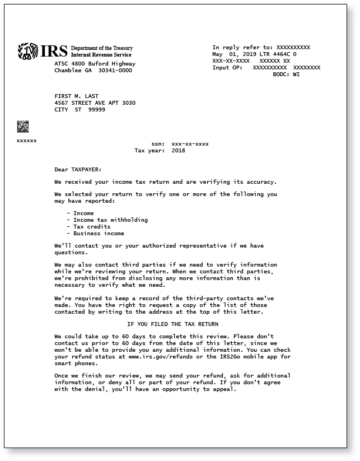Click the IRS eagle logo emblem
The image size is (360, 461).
click(27, 52)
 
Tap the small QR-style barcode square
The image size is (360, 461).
click(23, 126)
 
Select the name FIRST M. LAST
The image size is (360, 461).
click(76, 96)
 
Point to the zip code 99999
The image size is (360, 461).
click(96, 110)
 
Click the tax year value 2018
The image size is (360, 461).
click(178, 151)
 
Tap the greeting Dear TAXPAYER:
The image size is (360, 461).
click(78, 169)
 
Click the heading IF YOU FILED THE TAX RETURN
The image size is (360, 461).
click(172, 324)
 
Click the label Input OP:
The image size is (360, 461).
click(227, 68)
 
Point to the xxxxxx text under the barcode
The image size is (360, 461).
click(26, 141)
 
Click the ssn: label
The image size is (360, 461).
click(158, 144)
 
